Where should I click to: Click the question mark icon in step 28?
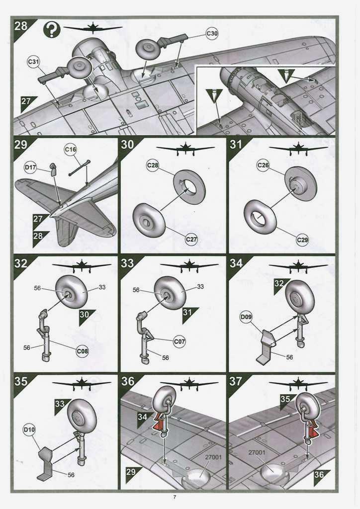[52, 30]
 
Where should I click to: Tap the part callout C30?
[212, 34]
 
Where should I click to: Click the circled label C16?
[71, 149]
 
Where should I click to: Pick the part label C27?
[192, 240]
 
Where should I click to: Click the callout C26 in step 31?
[264, 165]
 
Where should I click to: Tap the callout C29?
[302, 240]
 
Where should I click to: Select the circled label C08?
[83, 351]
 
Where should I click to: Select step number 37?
[236, 381]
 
